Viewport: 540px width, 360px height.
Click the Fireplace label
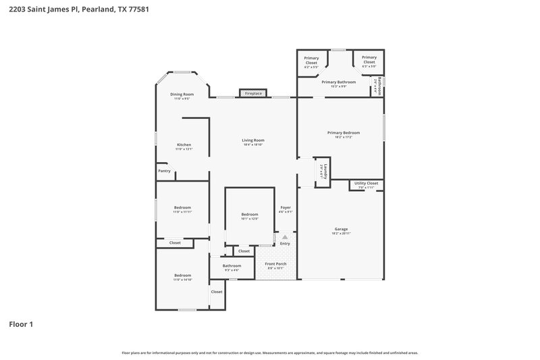click(253, 93)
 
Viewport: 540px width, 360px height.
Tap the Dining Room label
click(182, 94)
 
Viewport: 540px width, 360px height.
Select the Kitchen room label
click(184, 145)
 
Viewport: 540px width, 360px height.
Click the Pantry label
click(164, 171)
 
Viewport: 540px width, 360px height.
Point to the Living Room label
click(253, 140)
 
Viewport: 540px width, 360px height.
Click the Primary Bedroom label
click(344, 132)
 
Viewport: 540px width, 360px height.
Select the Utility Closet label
click(366, 183)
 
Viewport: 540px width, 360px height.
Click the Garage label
click(342, 228)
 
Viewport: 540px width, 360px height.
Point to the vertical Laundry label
click(325, 171)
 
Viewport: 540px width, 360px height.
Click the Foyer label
click(286, 207)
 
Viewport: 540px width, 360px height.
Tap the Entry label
click(285, 244)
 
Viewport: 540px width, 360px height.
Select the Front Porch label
click(275, 263)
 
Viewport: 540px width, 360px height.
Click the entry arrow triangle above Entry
click(285, 237)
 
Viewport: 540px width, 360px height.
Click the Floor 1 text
click(20, 324)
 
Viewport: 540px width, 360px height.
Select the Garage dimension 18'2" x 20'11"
click(342, 233)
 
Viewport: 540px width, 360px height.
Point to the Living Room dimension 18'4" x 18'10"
click(253, 145)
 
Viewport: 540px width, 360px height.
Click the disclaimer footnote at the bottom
click(269, 353)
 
